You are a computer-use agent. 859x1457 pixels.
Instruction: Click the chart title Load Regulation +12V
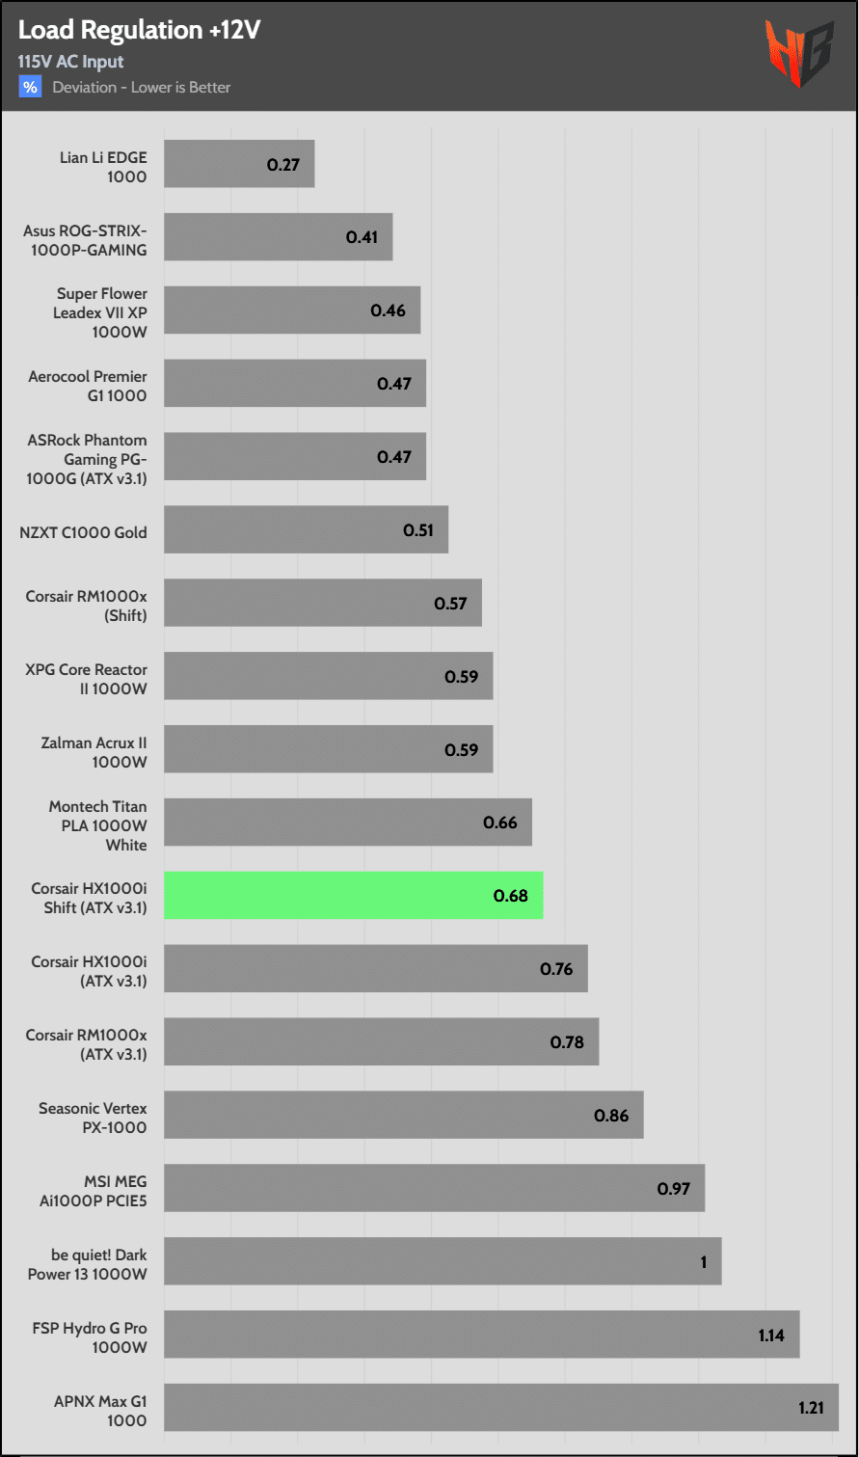(x=139, y=31)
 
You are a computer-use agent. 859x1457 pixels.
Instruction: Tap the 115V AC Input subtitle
(x=70, y=62)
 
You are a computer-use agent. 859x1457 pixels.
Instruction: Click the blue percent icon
(x=30, y=87)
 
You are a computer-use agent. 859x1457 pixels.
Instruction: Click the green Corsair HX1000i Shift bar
(x=353, y=895)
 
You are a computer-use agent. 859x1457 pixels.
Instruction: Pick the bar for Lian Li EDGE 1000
(x=239, y=164)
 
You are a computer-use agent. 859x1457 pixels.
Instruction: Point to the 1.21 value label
(x=811, y=1407)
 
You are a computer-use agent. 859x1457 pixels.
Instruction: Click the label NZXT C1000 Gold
(x=83, y=531)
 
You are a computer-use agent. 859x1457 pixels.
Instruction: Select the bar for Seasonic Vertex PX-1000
(x=403, y=1115)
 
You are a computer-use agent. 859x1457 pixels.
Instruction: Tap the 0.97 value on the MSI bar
(x=674, y=1188)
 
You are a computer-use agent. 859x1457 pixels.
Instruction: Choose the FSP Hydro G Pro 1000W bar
(x=481, y=1334)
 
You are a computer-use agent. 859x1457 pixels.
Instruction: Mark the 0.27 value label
(x=283, y=164)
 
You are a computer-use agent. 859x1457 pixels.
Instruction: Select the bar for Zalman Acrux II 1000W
(x=328, y=749)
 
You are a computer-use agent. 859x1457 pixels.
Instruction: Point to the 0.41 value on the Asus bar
(x=362, y=236)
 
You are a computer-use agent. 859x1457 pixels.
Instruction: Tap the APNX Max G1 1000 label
(x=100, y=1411)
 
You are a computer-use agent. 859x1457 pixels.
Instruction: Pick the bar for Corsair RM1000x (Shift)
(x=322, y=603)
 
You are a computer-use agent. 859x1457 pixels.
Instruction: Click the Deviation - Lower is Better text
(x=142, y=87)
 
